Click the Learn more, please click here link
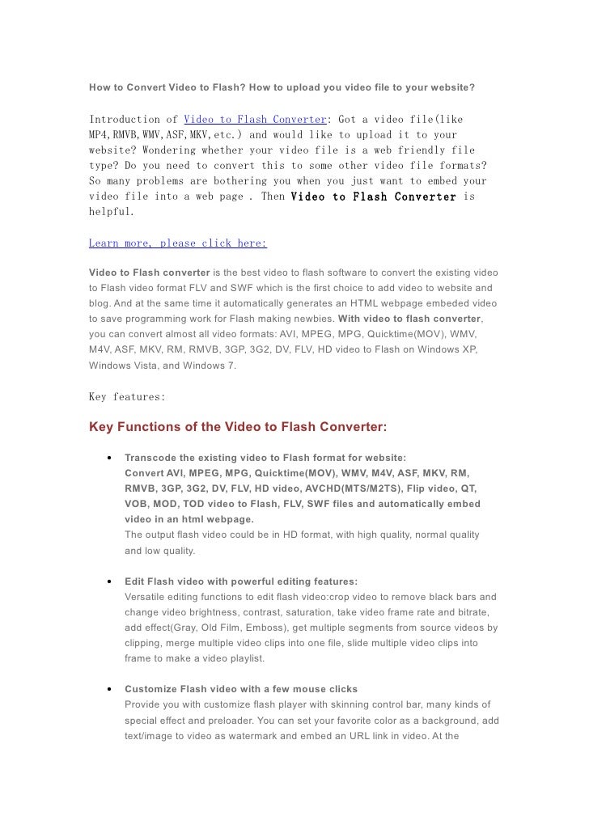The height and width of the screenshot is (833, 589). pos(178,243)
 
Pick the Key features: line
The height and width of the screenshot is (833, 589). pos(127,397)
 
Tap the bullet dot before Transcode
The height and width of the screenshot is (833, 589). pos(108,458)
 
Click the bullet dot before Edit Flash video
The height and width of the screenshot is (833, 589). pos(108,581)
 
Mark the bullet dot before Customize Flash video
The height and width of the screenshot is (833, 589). pos(108,689)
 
